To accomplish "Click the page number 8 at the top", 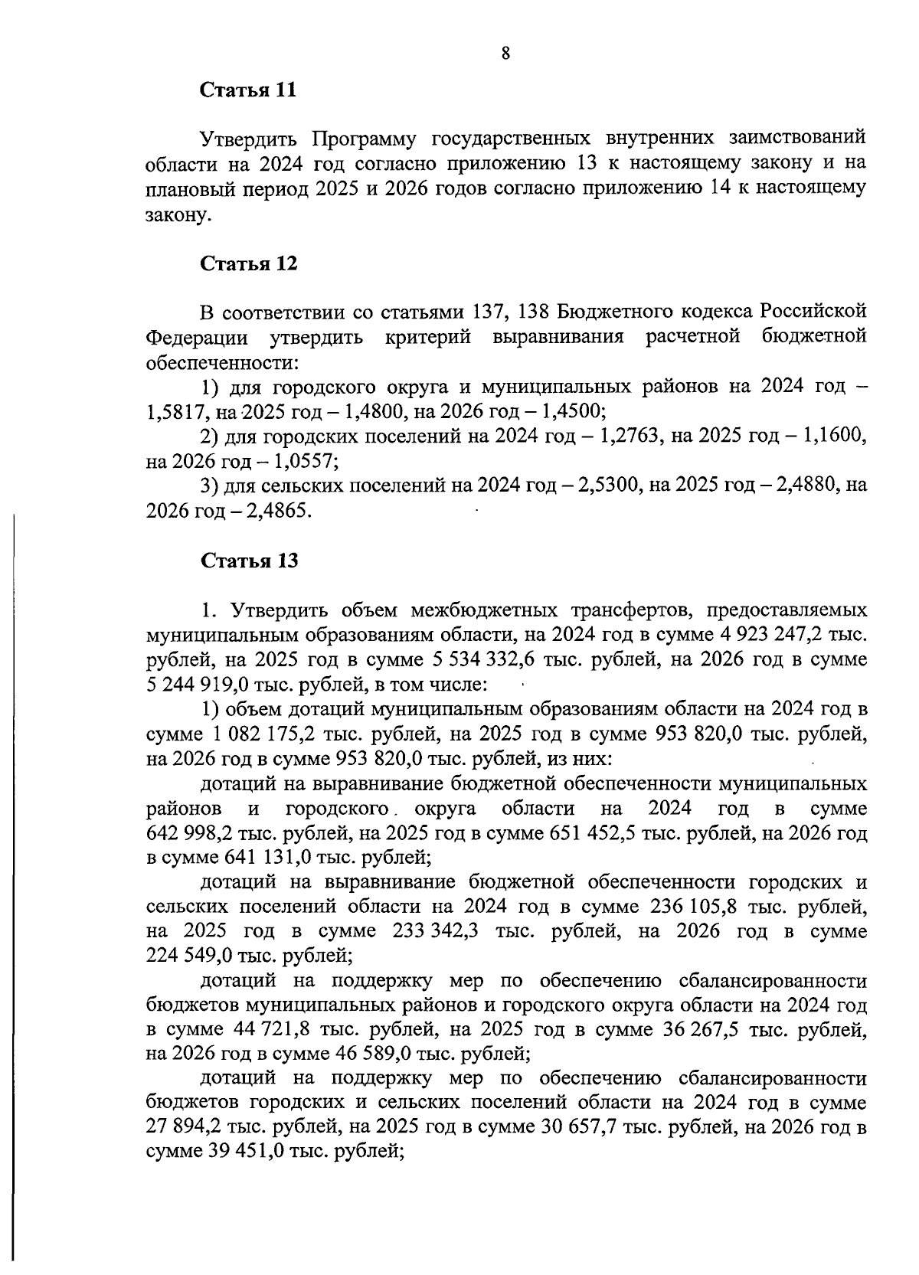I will (505, 53).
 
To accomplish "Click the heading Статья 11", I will (247, 90).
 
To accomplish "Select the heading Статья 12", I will (248, 264).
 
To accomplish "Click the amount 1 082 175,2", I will (261, 734).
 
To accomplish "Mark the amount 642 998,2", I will (191, 833).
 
